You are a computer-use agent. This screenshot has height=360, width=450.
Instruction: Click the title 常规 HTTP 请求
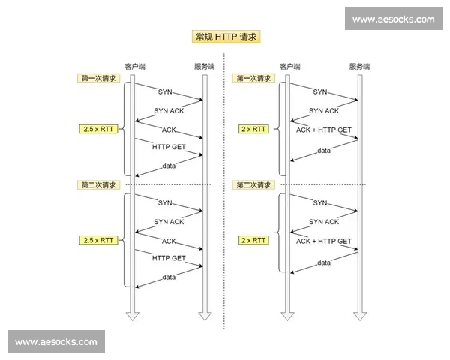pos(224,37)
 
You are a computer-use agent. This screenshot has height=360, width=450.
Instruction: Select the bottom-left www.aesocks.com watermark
pos(56,342)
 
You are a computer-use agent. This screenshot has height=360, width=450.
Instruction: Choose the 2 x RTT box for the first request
pos(253,129)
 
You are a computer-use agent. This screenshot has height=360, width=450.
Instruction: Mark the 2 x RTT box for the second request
pos(253,240)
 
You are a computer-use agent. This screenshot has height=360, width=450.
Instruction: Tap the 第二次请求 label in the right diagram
pos(253,184)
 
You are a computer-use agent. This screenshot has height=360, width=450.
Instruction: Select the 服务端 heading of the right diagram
pos(359,67)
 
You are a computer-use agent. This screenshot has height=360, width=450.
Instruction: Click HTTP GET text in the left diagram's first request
pos(168,147)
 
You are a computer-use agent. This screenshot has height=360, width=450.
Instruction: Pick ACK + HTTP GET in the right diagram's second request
pos(323,241)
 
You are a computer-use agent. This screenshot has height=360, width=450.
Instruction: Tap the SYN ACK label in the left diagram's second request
pos(169,221)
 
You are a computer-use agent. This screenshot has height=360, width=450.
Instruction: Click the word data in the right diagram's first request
pos(323,151)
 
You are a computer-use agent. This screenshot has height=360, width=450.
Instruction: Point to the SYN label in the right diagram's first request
pos(320,92)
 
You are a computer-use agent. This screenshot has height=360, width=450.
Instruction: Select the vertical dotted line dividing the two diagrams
pos(224,225)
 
